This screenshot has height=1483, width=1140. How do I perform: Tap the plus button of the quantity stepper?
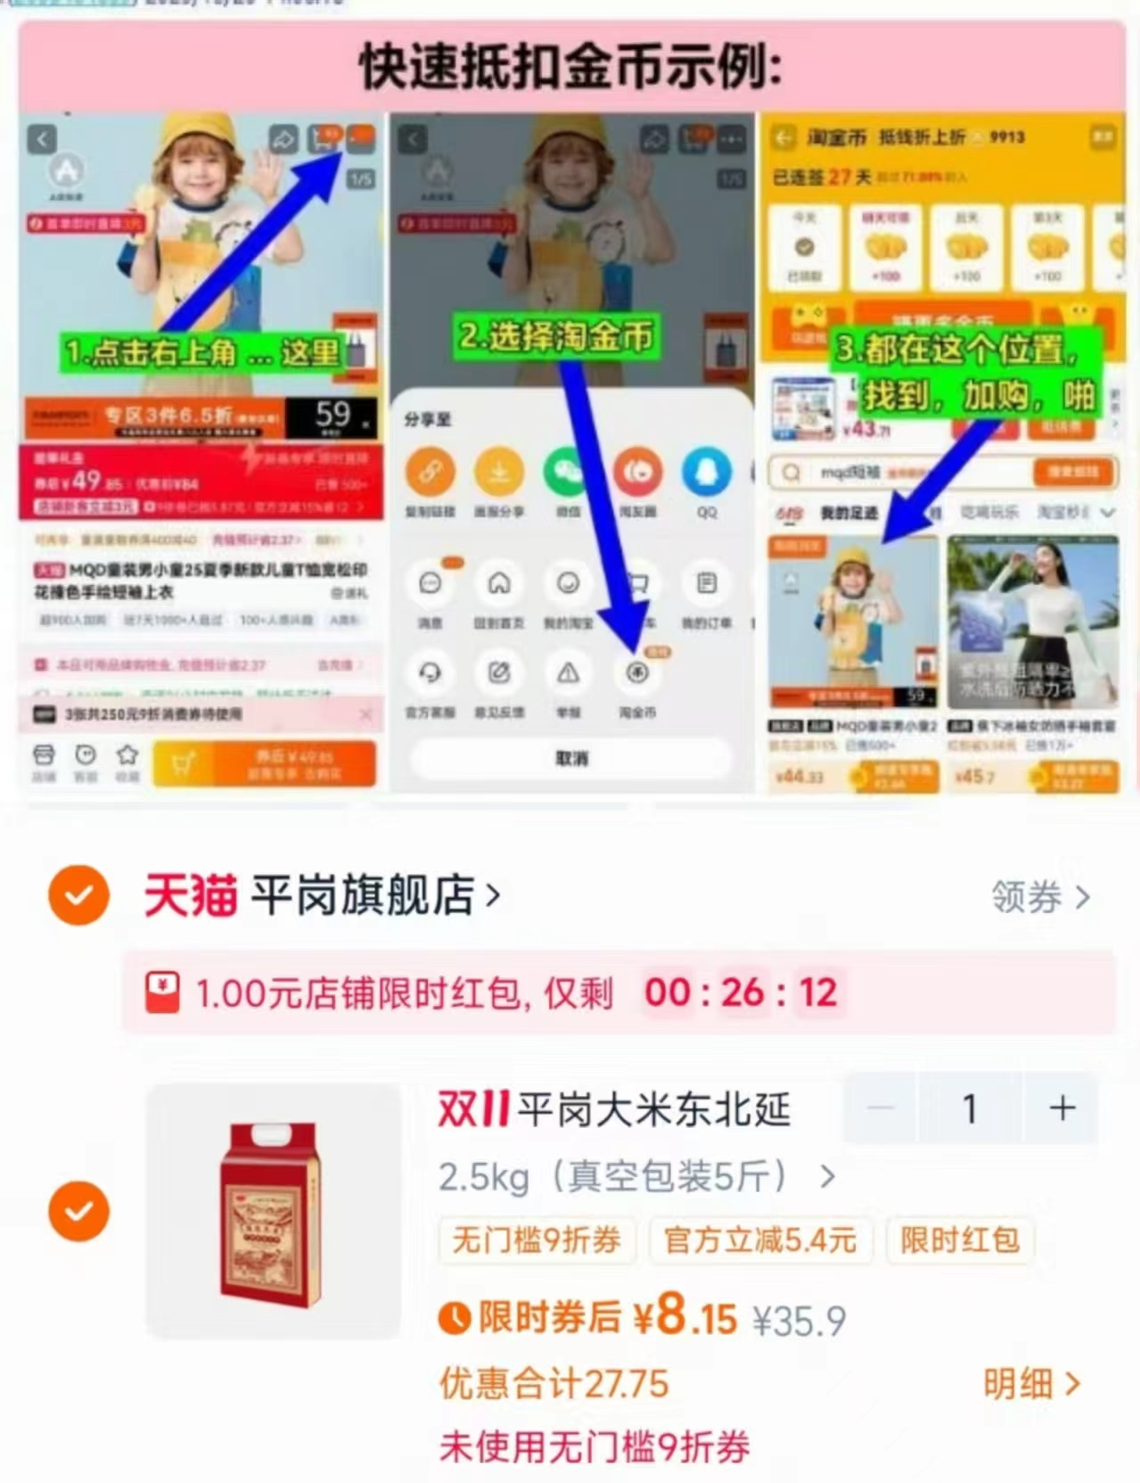(x=1061, y=1108)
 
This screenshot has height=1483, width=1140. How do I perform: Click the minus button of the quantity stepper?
(x=881, y=1108)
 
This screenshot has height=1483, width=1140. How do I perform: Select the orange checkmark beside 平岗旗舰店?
(x=79, y=894)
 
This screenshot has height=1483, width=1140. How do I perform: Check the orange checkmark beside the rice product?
(x=79, y=1211)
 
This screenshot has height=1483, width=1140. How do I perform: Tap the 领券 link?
(x=1039, y=897)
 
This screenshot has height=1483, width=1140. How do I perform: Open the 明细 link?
(x=1030, y=1384)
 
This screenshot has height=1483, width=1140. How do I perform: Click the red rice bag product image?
(x=271, y=1212)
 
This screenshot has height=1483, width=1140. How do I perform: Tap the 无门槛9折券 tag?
(x=537, y=1240)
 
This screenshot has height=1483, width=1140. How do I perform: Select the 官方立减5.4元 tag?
(x=759, y=1240)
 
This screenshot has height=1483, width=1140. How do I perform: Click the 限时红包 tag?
(x=959, y=1240)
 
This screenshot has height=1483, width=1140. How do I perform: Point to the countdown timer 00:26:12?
(x=741, y=993)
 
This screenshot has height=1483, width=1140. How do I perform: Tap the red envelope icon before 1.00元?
(x=162, y=993)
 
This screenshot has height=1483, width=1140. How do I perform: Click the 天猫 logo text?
(x=191, y=895)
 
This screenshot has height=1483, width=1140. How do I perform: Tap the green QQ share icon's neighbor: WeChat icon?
(x=568, y=473)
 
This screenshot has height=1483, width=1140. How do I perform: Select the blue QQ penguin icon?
(x=706, y=473)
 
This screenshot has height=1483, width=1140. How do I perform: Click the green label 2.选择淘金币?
(x=555, y=336)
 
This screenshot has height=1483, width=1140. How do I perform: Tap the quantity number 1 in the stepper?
(x=970, y=1108)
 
